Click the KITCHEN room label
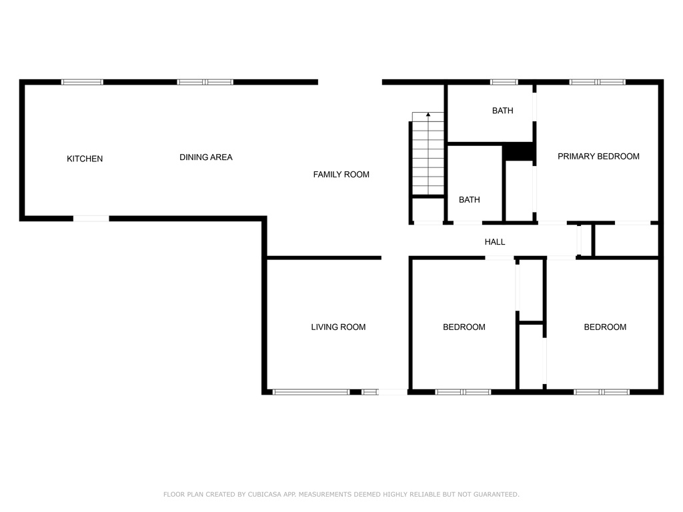tap(85, 159)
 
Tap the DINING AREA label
tap(206, 157)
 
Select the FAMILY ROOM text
tap(341, 175)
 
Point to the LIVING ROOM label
tap(338, 327)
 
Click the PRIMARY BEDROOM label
tap(598, 156)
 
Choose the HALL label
tap(495, 241)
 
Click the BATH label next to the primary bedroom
tap(503, 111)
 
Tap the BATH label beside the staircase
tap(469, 200)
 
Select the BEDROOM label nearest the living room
tap(464, 327)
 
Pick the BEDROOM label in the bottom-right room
tap(605, 327)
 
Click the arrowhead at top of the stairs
tap(428, 115)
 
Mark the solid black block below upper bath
tap(518, 152)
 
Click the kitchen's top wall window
tap(82, 82)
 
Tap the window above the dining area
tap(205, 82)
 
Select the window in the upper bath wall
tap(504, 82)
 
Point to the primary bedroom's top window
tap(597, 82)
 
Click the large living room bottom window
tap(311, 392)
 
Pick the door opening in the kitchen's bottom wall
tap(91, 219)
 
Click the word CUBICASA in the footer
tap(265, 494)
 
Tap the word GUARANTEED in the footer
tap(496, 494)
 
